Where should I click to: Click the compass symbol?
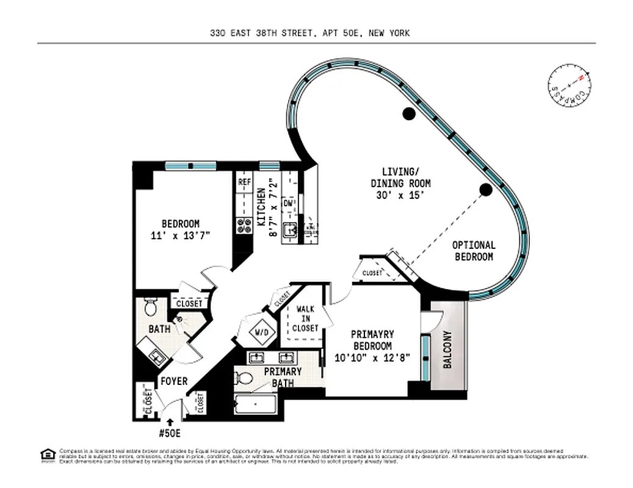coord(569,88)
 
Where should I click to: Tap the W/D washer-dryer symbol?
coord(256,332)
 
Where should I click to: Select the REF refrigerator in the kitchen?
coord(244,182)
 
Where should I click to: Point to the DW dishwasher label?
coord(289,203)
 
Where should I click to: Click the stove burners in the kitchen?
coord(244,225)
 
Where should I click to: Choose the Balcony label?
coord(447,350)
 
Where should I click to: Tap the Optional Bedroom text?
coord(473,251)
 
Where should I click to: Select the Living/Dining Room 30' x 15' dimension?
coord(400,195)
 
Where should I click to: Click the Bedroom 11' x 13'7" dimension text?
coord(180,235)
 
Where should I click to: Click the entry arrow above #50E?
coord(170,421)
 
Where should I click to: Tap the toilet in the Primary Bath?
coord(245,378)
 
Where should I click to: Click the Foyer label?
coord(173,382)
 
